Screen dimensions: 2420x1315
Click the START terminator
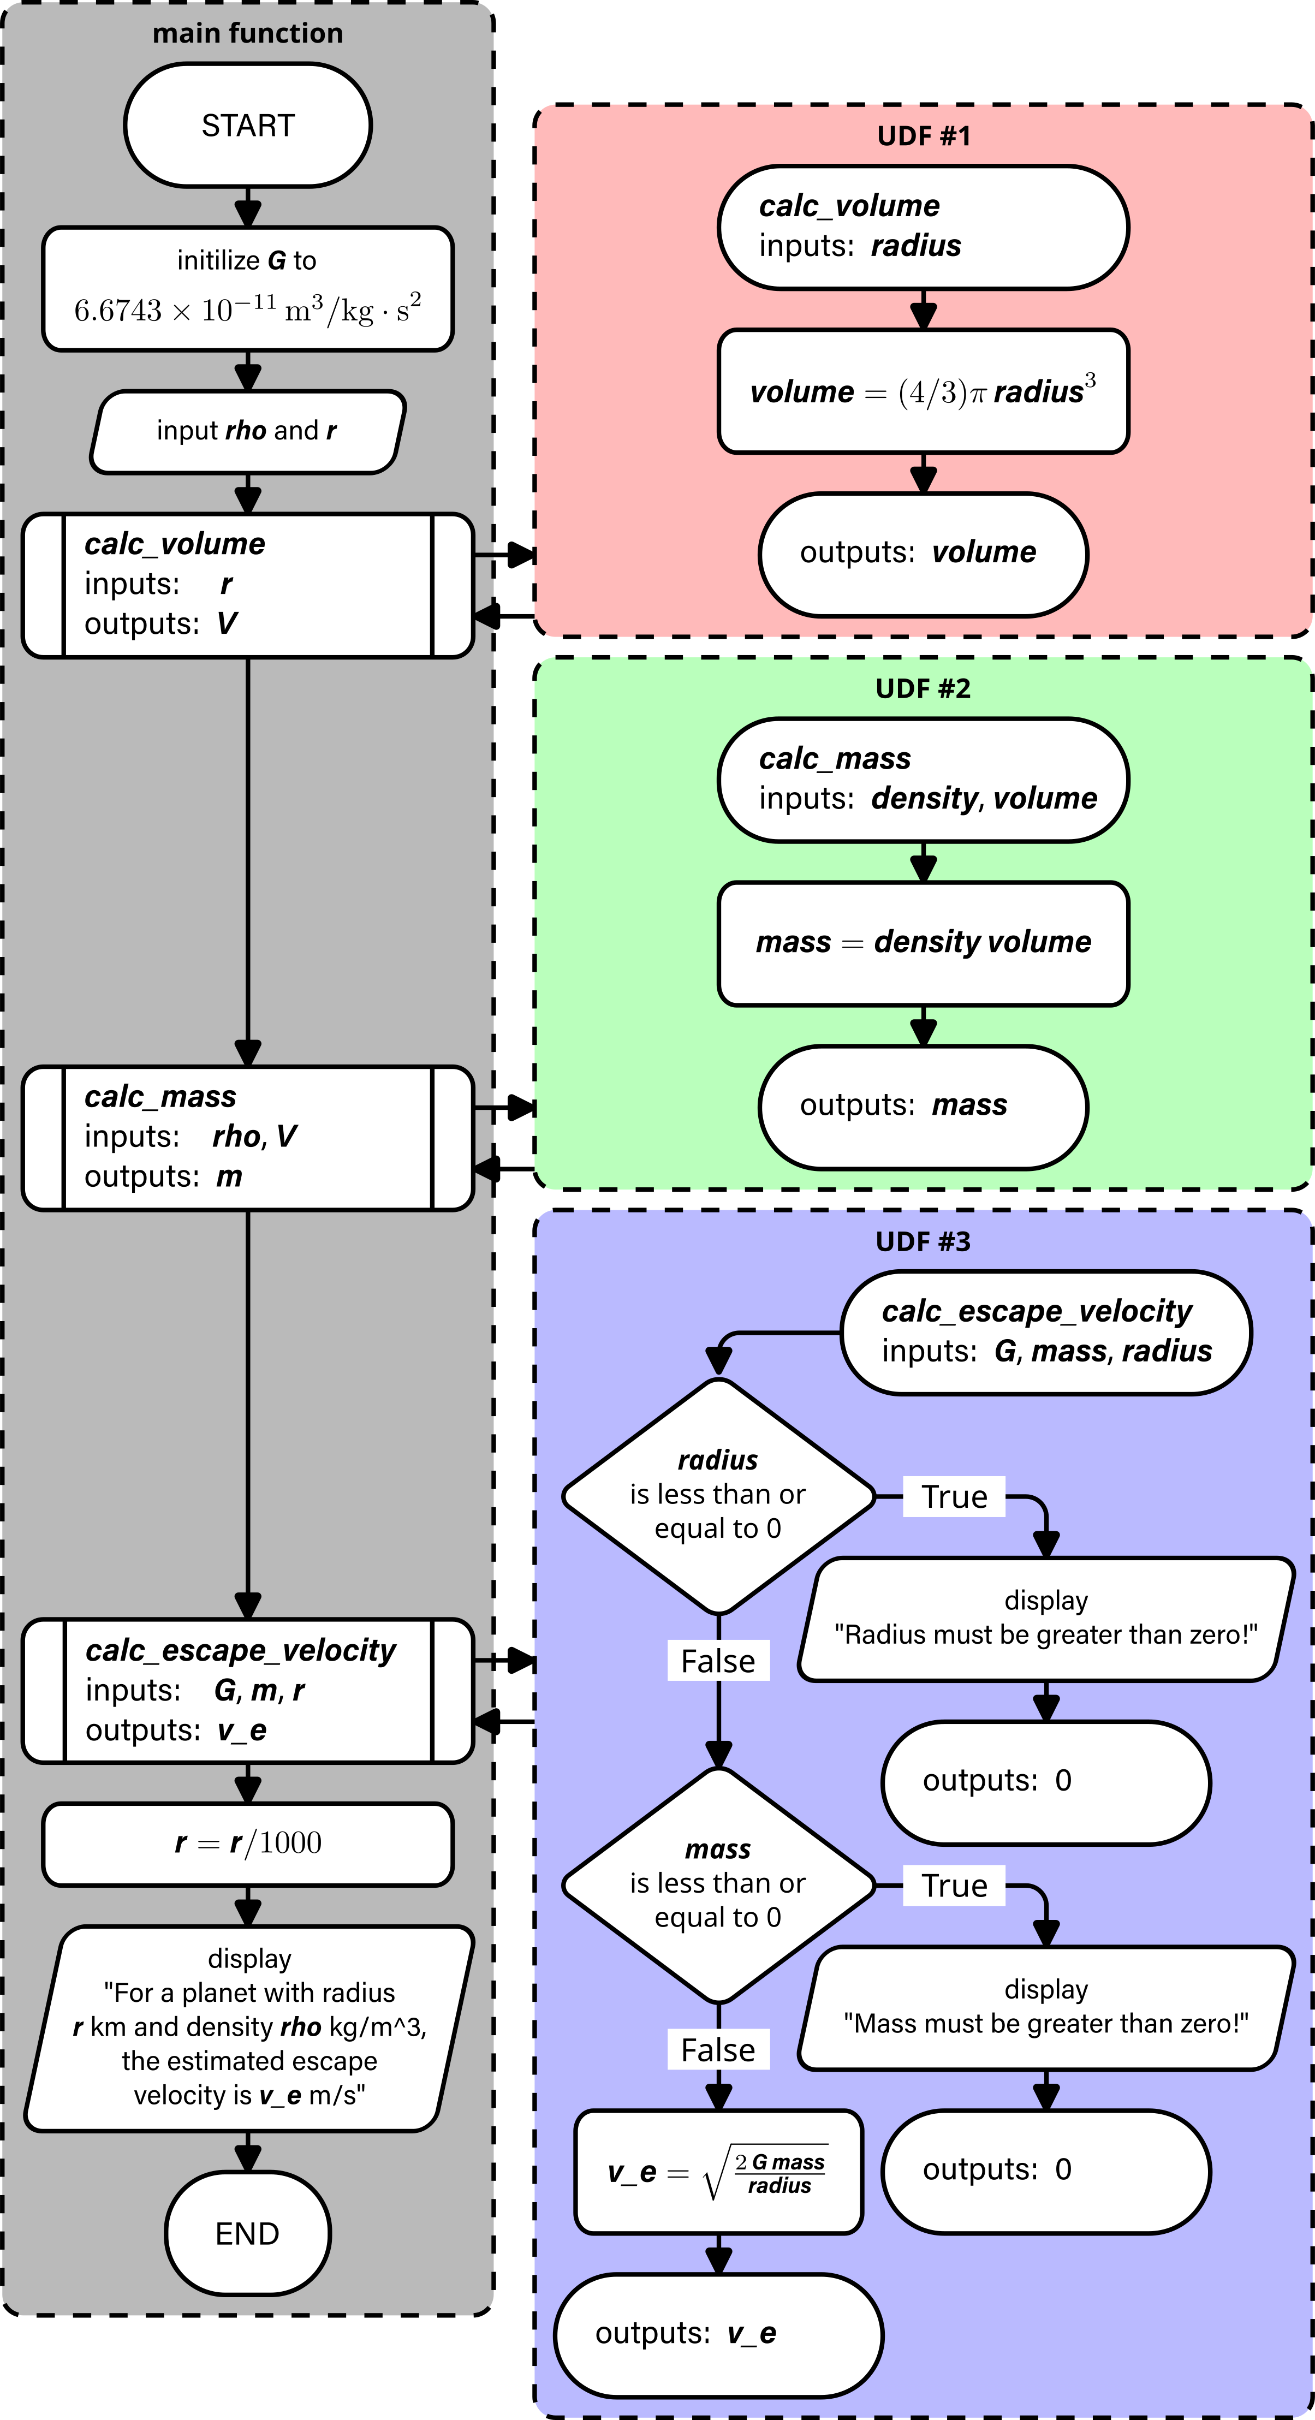[247, 125]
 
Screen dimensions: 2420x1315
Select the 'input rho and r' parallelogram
[247, 431]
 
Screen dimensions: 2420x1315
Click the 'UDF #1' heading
[923, 136]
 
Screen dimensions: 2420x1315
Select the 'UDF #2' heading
[923, 688]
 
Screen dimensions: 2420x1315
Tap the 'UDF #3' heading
[923, 1242]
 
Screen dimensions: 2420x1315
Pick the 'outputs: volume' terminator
[923, 554]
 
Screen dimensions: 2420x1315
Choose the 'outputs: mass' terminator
[923, 1105]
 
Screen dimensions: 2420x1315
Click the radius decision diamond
[718, 1496]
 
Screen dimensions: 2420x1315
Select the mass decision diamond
[718, 1884]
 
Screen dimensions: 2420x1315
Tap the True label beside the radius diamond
[954, 1496]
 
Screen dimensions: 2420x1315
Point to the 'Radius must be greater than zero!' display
[1045, 1619]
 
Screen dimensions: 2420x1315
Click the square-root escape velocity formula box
[718, 2172]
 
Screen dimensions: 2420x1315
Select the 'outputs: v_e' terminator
[718, 2334]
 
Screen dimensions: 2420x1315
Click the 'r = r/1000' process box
[247, 1843]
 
